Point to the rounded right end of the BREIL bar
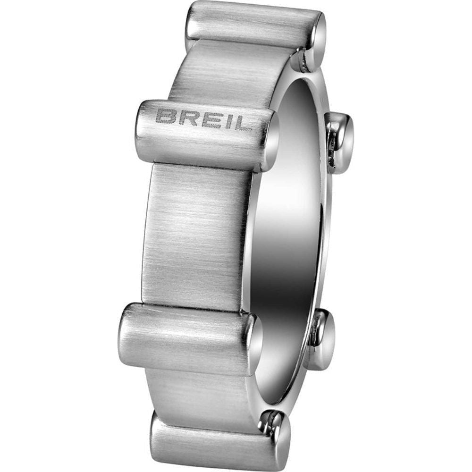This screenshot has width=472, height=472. pos(269,142)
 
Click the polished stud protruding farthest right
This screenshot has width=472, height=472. pos(341,142)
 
